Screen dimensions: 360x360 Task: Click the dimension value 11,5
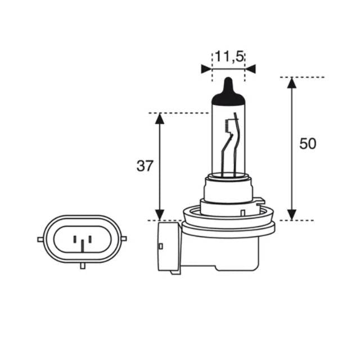click(228, 56)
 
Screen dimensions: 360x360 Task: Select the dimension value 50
click(308, 143)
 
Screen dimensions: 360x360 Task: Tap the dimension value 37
click(145, 166)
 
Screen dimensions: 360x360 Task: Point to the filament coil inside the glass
click(227, 127)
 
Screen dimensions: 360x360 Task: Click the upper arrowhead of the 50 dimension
click(291, 83)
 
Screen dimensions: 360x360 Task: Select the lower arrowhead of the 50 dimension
click(291, 214)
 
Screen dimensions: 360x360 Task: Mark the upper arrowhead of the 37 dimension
click(160, 119)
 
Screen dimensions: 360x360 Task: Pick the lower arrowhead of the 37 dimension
click(160, 214)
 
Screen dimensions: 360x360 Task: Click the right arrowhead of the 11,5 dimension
click(251, 69)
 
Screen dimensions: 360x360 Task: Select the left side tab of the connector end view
click(40, 239)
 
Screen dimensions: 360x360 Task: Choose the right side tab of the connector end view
click(124, 238)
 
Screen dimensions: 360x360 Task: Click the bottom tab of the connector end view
click(82, 265)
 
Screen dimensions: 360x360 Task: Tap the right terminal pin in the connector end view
click(91, 237)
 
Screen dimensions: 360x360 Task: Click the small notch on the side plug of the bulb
click(161, 246)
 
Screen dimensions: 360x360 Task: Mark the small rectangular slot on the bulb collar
click(241, 213)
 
